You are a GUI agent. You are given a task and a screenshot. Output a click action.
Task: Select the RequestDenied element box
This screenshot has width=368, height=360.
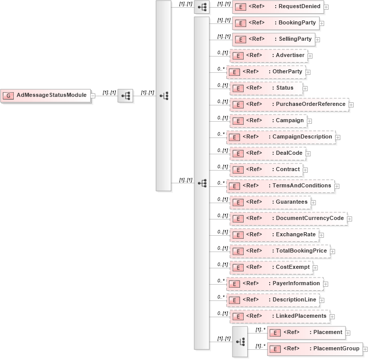pos(278,7)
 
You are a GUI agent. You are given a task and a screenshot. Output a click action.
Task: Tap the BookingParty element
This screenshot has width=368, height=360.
pos(276,23)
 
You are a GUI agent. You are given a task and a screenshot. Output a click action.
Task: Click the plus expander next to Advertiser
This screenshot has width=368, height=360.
pos(310,56)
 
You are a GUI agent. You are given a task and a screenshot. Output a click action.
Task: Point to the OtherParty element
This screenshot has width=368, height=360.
pos(266,72)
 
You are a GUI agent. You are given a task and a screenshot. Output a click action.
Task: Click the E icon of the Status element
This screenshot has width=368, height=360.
pos(236,88)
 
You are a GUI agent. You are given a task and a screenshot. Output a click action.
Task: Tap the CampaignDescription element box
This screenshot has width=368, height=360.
pos(280,137)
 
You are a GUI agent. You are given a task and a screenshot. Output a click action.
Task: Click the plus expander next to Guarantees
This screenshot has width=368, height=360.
pos(313,202)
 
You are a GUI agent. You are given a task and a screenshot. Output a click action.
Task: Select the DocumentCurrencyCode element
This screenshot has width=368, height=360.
pos(288,218)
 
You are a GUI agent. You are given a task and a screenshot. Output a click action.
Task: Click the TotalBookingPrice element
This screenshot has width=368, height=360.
pos(279,251)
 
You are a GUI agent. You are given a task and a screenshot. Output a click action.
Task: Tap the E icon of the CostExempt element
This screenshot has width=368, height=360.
pos(236,267)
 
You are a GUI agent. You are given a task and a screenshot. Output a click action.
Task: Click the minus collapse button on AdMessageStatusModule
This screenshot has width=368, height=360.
pos(93,96)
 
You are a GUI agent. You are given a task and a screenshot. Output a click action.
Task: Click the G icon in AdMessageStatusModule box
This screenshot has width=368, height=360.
pos(9,96)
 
